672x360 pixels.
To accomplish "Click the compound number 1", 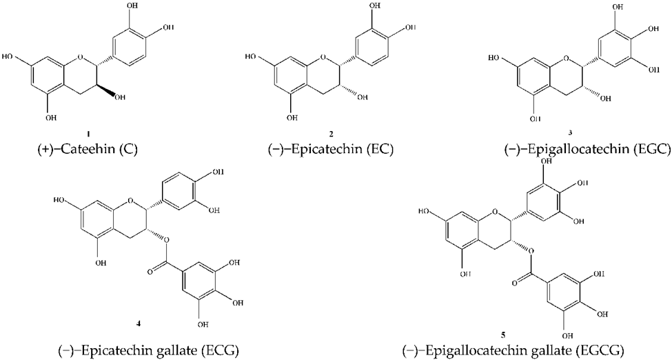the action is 88,134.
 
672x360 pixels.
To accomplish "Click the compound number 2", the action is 331,134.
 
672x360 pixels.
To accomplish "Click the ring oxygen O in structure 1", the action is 80,57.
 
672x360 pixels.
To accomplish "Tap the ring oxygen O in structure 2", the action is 323,57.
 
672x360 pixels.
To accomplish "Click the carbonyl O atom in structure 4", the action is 150,271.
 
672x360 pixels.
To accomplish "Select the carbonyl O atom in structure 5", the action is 514,282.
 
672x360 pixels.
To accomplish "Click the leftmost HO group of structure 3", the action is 494,58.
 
